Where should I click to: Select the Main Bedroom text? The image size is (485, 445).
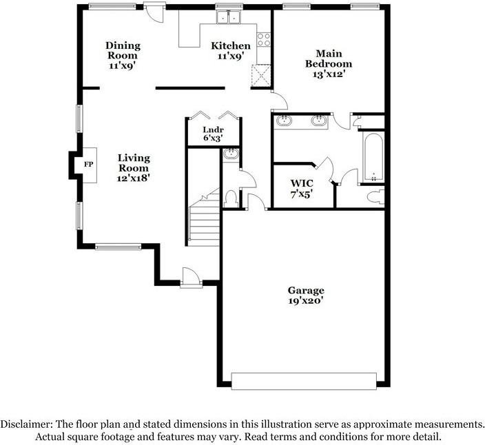(x=329, y=63)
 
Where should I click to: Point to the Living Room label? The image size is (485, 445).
(x=133, y=167)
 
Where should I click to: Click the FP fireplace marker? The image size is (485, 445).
(x=88, y=165)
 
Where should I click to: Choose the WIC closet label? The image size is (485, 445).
(x=301, y=188)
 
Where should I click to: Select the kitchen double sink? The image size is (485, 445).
(x=228, y=17)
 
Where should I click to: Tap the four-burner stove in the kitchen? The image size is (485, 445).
(x=263, y=39)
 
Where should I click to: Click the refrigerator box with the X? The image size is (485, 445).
(x=261, y=74)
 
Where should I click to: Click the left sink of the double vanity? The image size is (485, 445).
(x=285, y=122)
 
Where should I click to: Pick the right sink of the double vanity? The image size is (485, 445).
(x=319, y=122)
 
